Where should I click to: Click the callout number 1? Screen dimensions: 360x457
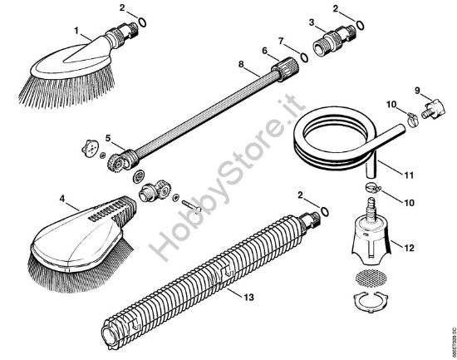click(x=79, y=31)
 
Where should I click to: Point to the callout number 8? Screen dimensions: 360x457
click(x=242, y=63)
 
